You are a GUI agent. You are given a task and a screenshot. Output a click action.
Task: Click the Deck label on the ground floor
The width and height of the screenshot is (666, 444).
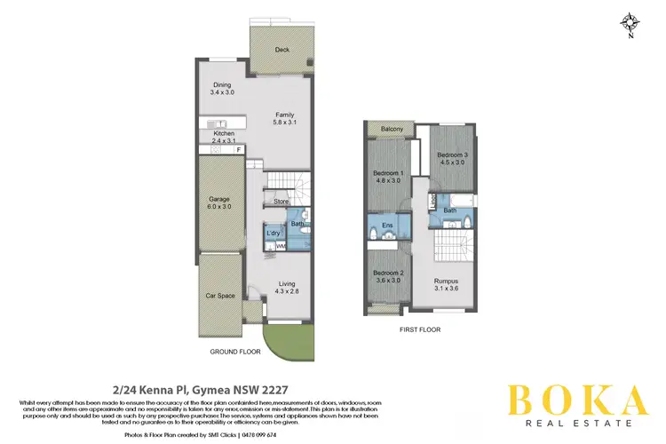pyautogui.click(x=282, y=51)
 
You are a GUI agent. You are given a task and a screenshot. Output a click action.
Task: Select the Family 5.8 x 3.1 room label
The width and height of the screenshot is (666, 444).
pyautogui.click(x=284, y=119)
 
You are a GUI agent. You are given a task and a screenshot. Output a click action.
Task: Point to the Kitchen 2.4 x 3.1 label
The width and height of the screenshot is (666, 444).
pyautogui.click(x=223, y=137)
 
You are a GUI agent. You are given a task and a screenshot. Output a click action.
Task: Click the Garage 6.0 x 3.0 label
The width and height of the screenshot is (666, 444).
pyautogui.click(x=219, y=203)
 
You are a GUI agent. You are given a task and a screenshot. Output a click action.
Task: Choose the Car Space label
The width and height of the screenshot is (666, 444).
pyautogui.click(x=219, y=296)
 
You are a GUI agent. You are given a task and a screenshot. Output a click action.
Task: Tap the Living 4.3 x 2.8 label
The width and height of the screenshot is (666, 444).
pyautogui.click(x=285, y=288)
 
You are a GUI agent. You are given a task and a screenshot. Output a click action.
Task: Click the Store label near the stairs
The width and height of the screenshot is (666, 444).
pyautogui.click(x=281, y=202)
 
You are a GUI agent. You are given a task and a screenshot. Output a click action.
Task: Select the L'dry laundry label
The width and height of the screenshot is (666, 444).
pyautogui.click(x=274, y=233)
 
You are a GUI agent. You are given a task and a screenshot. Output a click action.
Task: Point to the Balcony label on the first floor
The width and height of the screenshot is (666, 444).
pyautogui.click(x=393, y=130)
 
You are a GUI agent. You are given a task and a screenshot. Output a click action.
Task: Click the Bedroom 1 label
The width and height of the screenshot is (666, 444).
pyautogui.click(x=388, y=176)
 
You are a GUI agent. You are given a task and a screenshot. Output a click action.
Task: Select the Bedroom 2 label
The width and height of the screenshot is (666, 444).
pyautogui.click(x=388, y=275)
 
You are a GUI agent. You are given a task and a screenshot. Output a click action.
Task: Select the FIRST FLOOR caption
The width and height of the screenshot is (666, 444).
pyautogui.click(x=421, y=329)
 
